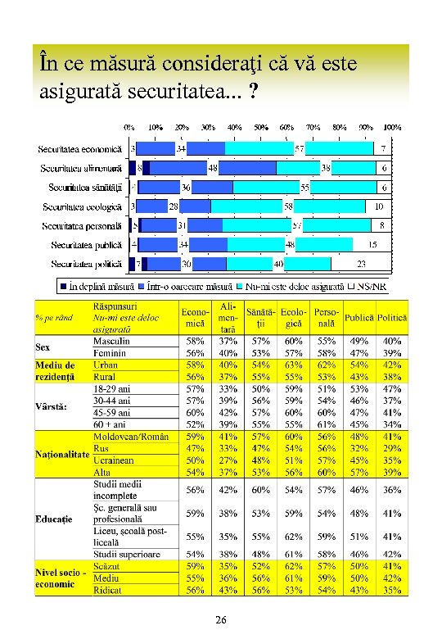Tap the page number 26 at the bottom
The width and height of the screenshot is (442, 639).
[220, 621]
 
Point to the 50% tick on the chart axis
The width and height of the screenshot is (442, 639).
[260, 128]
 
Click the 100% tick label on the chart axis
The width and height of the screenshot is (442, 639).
[392, 128]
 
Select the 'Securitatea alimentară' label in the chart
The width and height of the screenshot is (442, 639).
[81, 168]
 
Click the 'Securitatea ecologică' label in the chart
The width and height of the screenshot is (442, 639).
[82, 206]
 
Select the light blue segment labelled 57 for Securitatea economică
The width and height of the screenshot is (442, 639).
[300, 149]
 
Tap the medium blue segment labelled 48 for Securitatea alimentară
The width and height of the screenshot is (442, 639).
[211, 168]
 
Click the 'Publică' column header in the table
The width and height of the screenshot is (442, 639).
[359, 317]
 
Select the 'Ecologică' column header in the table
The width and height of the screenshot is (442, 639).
[293, 317]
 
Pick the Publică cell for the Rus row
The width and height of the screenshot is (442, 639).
[359, 449]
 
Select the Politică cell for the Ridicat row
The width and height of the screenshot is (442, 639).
[392, 589]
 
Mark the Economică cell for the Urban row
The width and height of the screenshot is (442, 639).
[196, 364]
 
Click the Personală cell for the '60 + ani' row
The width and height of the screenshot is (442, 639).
[326, 424]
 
